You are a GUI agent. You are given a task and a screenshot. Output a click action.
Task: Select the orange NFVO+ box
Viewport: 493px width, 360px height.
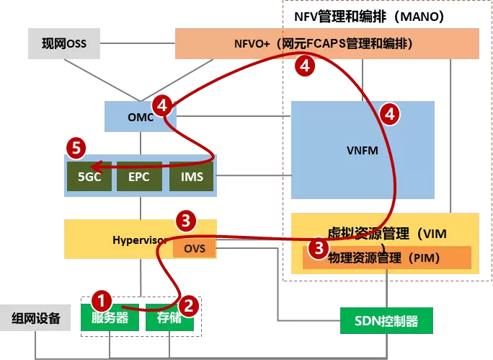pos(327,43)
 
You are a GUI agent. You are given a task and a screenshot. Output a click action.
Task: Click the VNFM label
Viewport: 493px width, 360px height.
pos(362,152)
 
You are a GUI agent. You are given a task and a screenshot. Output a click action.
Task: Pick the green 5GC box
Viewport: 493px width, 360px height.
pos(89,176)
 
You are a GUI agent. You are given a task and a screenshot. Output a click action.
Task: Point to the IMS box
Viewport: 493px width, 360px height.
pos(191,176)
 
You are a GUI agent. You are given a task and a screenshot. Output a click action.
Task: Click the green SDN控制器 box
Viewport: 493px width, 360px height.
pos(387,320)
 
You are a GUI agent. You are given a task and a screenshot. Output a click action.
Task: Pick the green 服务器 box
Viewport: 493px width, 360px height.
pos(110,317)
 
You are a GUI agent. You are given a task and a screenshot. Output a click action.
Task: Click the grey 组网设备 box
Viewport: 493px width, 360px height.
pos(36,317)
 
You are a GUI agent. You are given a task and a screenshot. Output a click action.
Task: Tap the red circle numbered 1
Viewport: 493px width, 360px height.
pos(102,299)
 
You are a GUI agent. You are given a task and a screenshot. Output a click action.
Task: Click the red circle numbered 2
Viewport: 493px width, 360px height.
pos(189,306)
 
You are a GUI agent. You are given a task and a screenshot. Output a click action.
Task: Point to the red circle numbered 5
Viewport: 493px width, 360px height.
pos(76,148)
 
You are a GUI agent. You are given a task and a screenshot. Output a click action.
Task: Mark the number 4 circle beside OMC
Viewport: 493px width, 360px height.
pos(164,107)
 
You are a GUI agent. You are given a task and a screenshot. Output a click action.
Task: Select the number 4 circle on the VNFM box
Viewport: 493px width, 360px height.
pos(390,113)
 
